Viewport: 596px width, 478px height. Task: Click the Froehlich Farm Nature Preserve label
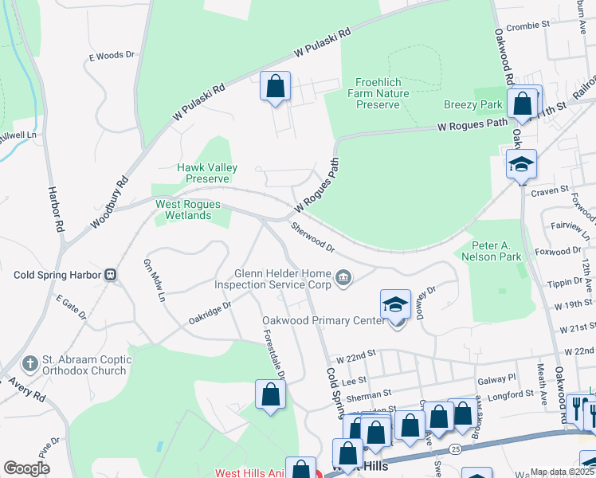(378, 93)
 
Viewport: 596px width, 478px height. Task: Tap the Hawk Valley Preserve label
(202, 173)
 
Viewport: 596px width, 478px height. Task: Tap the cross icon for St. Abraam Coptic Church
(30, 364)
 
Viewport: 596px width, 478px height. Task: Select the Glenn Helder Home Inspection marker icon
(343, 277)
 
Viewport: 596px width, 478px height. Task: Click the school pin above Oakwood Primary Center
(395, 304)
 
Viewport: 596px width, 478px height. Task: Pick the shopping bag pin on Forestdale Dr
(270, 394)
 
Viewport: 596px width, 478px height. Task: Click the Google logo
(26, 468)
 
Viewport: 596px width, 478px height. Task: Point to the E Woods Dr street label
(112, 56)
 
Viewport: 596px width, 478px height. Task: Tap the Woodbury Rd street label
(109, 203)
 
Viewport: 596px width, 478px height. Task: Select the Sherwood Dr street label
(312, 238)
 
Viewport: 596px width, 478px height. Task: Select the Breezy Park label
(473, 105)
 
